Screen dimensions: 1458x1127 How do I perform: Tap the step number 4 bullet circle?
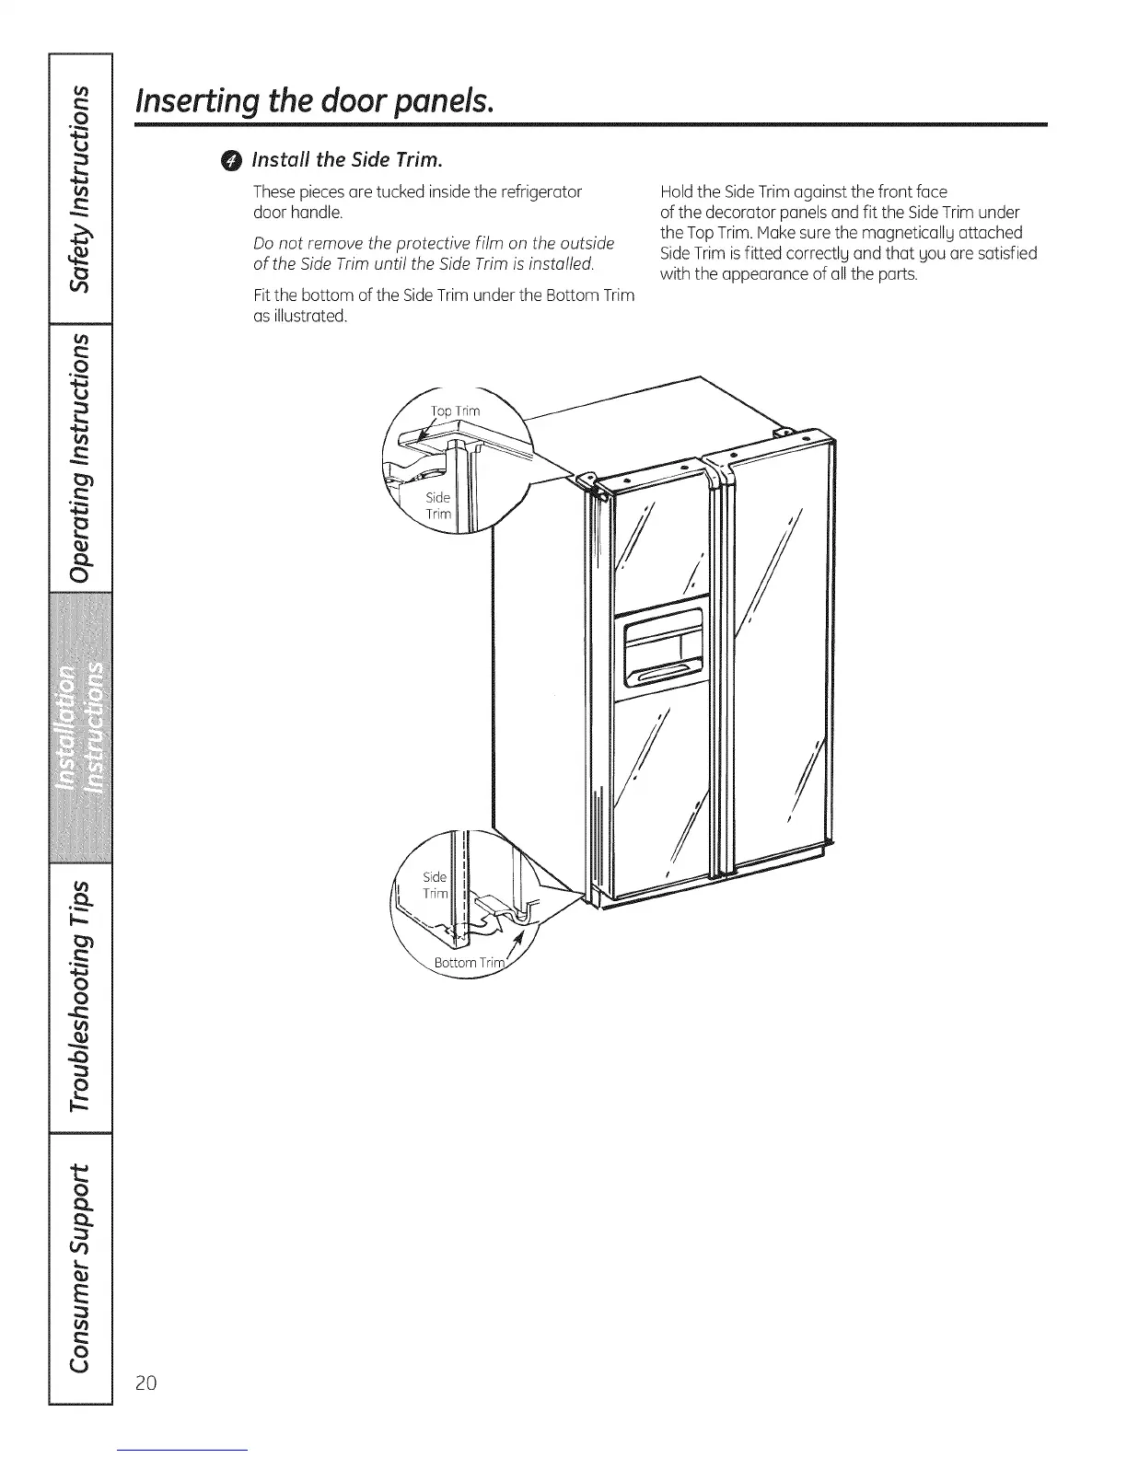coord(234,161)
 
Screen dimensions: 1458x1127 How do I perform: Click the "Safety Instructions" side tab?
coord(82,190)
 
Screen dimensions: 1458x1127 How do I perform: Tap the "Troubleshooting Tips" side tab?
coord(82,998)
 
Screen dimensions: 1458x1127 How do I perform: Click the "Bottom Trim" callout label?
coord(471,963)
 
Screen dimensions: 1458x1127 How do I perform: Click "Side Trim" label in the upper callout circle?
coord(438,505)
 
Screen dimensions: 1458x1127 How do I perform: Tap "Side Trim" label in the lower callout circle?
coord(435,885)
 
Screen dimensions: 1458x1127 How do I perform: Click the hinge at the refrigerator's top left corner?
coord(587,480)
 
